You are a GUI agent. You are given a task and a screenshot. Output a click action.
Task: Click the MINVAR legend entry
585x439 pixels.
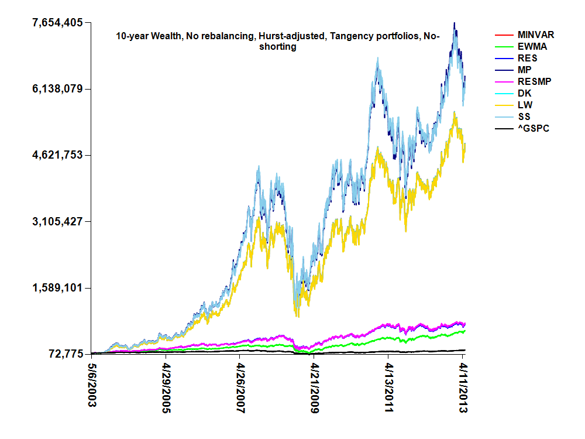536,35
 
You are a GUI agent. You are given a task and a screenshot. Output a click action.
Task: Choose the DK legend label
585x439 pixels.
525,94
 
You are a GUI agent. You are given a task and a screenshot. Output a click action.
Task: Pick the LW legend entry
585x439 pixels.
525,105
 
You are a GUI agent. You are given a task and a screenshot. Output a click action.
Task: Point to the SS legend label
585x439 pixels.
525,117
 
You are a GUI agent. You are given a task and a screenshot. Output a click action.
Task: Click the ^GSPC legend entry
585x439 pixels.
534,129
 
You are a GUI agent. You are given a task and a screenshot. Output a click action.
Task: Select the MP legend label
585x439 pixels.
525,70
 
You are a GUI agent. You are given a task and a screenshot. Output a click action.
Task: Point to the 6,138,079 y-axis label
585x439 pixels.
57,89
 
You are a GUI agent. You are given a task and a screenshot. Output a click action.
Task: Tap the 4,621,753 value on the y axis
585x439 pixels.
57,155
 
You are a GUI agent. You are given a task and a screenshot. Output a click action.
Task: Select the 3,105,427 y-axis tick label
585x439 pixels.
57,221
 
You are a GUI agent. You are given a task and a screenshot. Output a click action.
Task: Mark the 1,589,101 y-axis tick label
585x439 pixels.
57,288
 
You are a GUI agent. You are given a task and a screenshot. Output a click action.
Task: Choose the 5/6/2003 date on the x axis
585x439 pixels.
92,387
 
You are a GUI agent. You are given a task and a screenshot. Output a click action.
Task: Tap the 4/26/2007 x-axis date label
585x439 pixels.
240,389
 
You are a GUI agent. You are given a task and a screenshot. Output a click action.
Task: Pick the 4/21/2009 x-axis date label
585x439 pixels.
314,389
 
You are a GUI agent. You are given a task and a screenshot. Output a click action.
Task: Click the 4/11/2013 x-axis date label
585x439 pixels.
463,389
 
